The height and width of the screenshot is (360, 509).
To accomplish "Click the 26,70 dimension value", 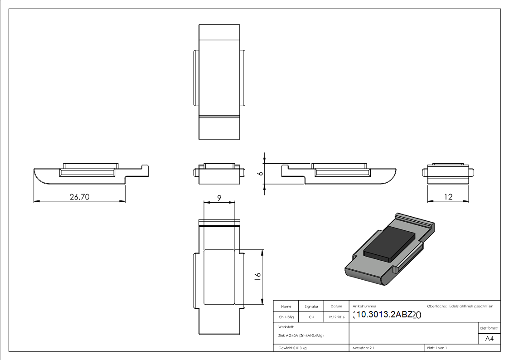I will pos(79,197).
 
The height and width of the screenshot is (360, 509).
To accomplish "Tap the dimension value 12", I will pos(448,197).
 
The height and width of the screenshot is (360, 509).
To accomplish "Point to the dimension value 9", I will pos(219,198).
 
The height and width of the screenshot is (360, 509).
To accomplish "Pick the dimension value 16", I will pos(257,276).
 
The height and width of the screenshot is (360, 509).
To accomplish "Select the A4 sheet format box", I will pos(490,339).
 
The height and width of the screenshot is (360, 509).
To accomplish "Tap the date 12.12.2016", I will pos(336,317).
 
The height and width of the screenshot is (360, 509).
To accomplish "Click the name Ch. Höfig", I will pos(286,317).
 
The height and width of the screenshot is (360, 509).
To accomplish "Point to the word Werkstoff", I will pos(286,326).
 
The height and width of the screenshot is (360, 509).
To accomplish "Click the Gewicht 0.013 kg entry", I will pos(292,348).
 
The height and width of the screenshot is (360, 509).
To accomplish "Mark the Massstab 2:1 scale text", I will pos(363,348).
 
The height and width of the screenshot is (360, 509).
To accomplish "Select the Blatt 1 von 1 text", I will pos(437,348).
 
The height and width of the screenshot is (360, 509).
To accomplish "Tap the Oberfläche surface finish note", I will pos(460,306).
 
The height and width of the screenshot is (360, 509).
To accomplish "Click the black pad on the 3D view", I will pos(390,244).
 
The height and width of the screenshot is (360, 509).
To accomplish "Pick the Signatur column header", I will pos(311,306).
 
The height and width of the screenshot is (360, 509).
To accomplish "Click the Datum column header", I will pos(336,306).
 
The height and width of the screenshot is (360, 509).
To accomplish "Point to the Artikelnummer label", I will pos(364,306).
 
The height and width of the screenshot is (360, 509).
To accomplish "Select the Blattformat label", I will pos(490,328).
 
